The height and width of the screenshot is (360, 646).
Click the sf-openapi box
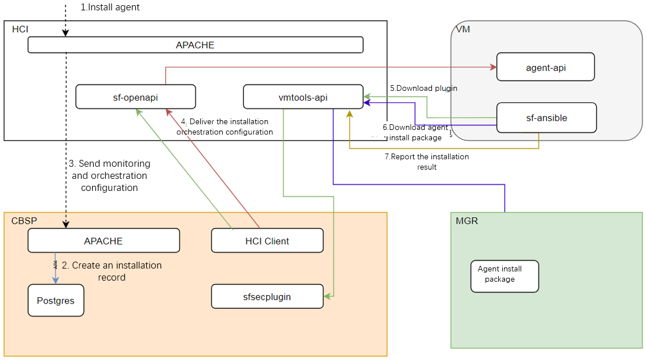pos(136,97)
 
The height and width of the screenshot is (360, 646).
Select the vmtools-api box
pos(303,97)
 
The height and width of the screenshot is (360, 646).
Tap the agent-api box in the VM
pos(545,67)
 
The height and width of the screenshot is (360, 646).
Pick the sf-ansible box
pos(546,118)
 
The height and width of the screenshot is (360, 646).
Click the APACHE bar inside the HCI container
pos(196,45)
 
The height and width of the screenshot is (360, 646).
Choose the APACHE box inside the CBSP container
pos(104,241)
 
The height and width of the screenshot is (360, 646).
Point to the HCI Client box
pos(267,241)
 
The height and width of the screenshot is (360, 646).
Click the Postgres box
pos(56,300)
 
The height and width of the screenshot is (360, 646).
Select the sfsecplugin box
pos(267,297)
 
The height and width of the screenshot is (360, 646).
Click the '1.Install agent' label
pos(110,7)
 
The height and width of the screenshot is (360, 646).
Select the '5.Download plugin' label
pos(423,89)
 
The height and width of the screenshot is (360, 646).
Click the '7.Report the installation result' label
pos(427,162)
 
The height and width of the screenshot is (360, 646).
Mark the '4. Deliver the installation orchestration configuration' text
pos(224,127)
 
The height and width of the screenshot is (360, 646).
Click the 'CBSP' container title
pos(22,221)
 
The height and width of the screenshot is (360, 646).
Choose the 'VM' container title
pos(462,29)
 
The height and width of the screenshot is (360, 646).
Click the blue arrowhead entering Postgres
pos(56,280)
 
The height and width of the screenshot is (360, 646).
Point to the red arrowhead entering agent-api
pos(493,67)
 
